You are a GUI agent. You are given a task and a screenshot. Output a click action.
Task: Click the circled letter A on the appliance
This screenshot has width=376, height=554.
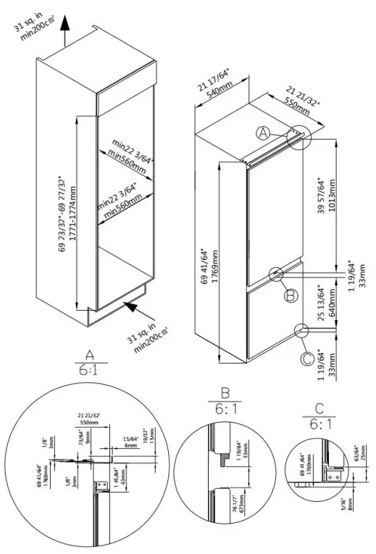[264, 133]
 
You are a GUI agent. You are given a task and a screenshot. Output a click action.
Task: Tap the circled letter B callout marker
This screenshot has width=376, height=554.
[290, 295]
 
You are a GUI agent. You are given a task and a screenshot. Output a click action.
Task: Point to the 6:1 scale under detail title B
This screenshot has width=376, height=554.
[225, 410]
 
